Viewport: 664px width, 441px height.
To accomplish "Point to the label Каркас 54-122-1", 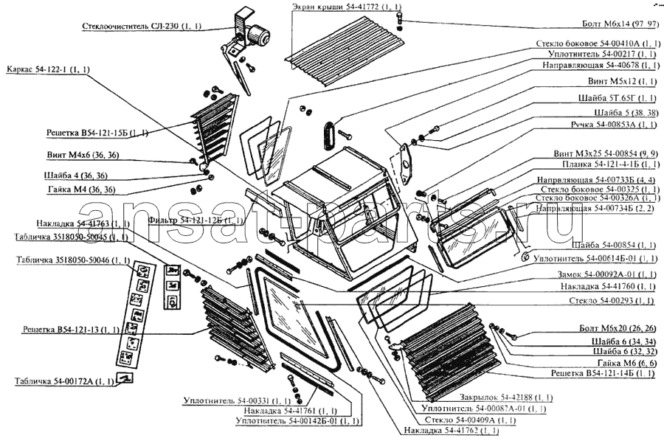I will [x=47, y=70].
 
